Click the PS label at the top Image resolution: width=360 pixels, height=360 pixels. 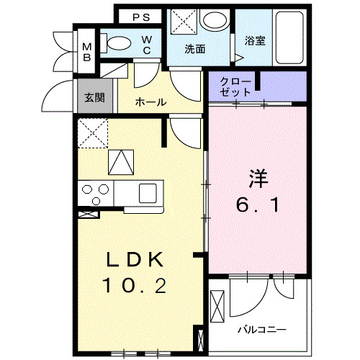click(x=140, y=17)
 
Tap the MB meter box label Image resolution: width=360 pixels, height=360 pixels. click(x=86, y=51)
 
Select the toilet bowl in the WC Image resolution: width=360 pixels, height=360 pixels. click(x=117, y=43)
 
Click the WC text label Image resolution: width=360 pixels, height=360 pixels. click(x=146, y=45)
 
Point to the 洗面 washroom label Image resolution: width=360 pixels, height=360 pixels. click(x=194, y=50)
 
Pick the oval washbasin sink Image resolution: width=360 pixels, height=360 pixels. click(x=214, y=21)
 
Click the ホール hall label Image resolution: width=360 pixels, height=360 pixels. click(x=150, y=102)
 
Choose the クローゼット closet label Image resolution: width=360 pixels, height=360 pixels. click(x=237, y=86)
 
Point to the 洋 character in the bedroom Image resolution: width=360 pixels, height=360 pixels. click(x=258, y=177)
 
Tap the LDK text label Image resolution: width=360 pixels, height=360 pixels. click(x=135, y=260)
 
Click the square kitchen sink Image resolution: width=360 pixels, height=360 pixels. click(x=148, y=192)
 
